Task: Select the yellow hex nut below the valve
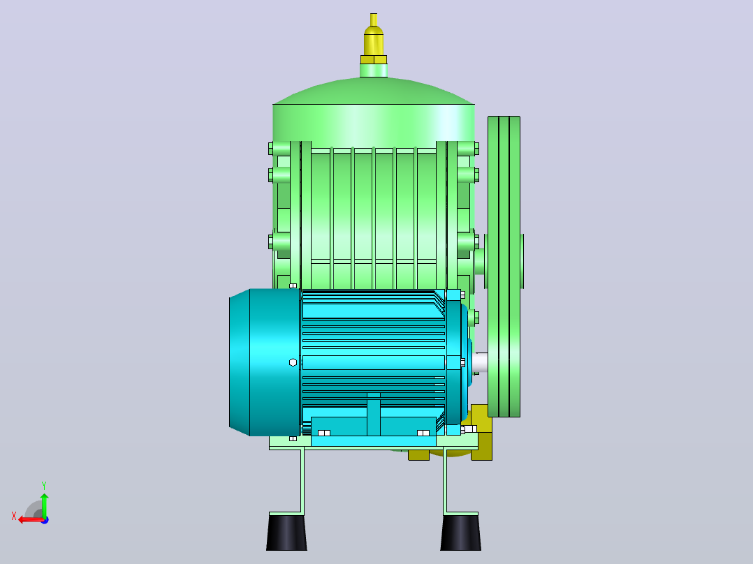374,60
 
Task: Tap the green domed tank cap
374,91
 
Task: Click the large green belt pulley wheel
504,267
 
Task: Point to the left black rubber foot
286,532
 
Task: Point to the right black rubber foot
460,532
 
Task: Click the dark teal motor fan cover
264,362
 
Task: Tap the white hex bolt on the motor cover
293,362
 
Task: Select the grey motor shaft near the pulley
480,362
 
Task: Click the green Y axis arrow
44,505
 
